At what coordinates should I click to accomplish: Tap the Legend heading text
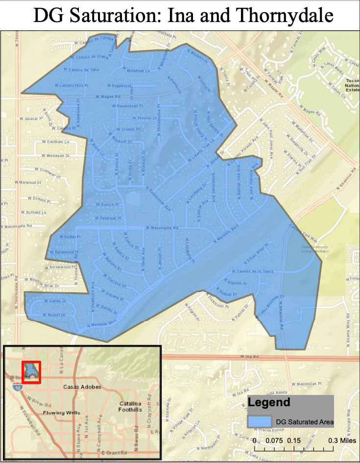click(x=269, y=403)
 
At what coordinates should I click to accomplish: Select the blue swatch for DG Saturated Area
click(x=260, y=421)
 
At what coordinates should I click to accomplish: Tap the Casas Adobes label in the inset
click(x=82, y=387)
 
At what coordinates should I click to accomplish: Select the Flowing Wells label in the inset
click(x=60, y=413)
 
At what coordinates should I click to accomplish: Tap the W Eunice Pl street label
click(x=107, y=205)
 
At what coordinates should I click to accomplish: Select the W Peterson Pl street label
click(x=108, y=217)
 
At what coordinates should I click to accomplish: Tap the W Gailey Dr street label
click(x=51, y=301)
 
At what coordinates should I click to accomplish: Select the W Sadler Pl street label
click(x=68, y=236)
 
